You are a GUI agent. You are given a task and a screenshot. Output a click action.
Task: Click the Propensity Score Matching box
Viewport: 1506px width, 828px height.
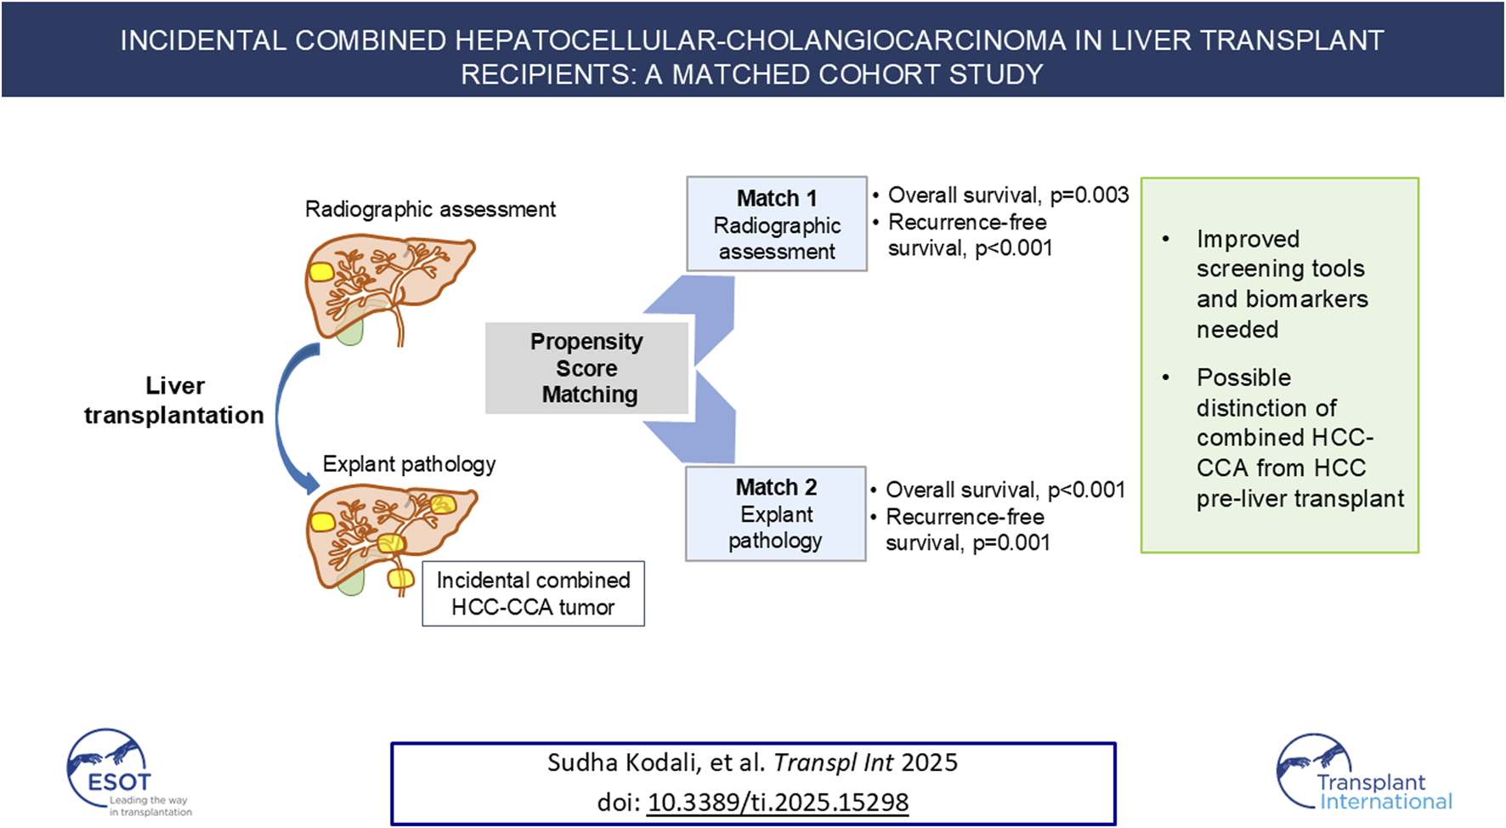click(x=586, y=368)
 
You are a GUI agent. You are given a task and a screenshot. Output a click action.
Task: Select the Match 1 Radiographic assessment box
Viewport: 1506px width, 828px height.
click(x=776, y=224)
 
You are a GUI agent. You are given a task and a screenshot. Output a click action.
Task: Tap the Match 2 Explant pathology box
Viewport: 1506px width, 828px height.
click(x=775, y=513)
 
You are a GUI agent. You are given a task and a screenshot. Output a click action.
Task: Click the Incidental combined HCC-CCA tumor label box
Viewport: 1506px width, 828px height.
click(x=533, y=593)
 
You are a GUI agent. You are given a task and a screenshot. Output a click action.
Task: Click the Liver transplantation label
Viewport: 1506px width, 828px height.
click(x=174, y=400)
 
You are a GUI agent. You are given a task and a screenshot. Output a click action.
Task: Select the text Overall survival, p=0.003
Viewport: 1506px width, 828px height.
click(x=1007, y=196)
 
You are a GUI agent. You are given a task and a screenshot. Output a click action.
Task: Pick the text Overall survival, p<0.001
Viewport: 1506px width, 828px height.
click(x=1005, y=491)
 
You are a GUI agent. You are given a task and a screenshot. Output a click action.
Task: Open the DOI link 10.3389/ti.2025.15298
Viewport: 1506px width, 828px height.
click(x=778, y=802)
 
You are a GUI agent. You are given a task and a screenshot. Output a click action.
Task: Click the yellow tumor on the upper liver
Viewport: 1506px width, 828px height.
click(x=320, y=272)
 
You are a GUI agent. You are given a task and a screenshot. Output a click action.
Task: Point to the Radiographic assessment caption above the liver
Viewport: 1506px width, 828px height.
click(x=430, y=209)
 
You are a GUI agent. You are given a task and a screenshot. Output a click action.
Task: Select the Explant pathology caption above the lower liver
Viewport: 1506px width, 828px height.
click(x=409, y=464)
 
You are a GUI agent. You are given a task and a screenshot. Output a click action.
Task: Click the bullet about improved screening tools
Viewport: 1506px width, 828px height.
click(x=1282, y=284)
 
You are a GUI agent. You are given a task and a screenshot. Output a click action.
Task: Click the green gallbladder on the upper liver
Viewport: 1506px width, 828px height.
click(x=349, y=330)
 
